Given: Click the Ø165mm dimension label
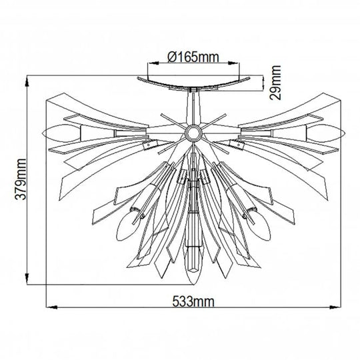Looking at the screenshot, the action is (193, 57).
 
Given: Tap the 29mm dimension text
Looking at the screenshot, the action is (275, 83).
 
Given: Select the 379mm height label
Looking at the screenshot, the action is (20, 179).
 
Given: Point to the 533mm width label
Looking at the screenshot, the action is (193, 301).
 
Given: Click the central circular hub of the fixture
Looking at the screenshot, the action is (193, 133).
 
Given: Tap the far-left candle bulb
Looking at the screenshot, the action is (61, 133).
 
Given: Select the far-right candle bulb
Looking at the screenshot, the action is (326, 133).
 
